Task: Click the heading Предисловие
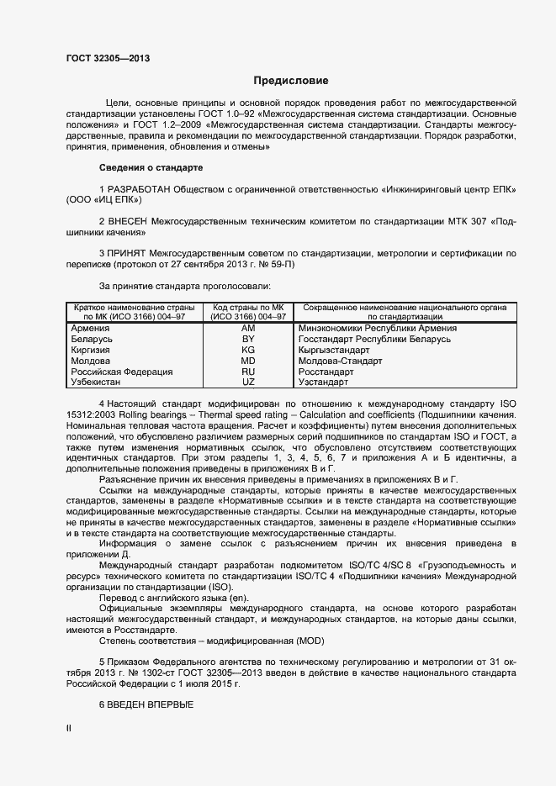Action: pyautogui.click(x=291, y=81)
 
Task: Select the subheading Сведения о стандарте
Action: pyautogui.click(x=151, y=168)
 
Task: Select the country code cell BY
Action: pyautogui.click(x=248, y=340)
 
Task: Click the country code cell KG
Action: pyautogui.click(x=248, y=351)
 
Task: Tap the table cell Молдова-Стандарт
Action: pyautogui.click(x=340, y=361)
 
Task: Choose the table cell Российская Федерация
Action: pyautogui.click(x=122, y=372)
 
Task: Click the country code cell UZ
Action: pyautogui.click(x=248, y=382)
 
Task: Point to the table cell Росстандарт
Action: pyautogui.click(x=326, y=372)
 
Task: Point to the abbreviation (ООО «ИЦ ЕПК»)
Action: pyautogui.click(x=105, y=200)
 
